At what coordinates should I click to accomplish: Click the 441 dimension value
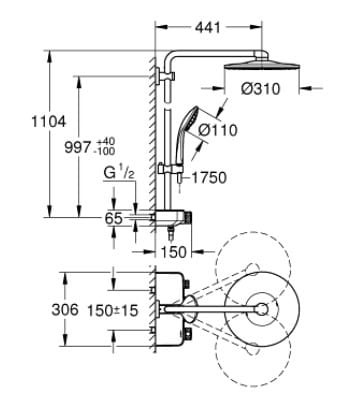click(208, 27)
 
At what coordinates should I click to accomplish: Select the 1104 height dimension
click(49, 122)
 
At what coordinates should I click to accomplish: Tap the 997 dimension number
click(78, 147)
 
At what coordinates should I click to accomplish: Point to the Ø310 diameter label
click(261, 89)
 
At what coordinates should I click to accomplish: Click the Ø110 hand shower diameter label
click(218, 130)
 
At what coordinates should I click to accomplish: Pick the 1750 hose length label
click(209, 178)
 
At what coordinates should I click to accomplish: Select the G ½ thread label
click(119, 174)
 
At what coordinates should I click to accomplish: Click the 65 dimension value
click(114, 219)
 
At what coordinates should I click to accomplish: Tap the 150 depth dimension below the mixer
click(173, 252)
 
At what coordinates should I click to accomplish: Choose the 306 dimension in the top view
click(65, 310)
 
